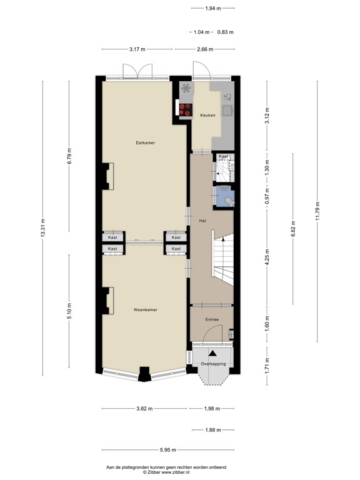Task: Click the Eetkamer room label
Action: [146, 142]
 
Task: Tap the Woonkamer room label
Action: [145, 309]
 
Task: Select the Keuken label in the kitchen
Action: [207, 116]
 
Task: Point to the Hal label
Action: [202, 221]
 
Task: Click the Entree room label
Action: [211, 319]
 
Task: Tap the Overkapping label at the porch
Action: [212, 364]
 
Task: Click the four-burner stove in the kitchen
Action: [186, 109]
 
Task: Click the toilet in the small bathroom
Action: [229, 200]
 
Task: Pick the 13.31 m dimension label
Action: [43, 227]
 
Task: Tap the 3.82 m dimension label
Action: [144, 409]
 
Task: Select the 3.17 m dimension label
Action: [137, 49]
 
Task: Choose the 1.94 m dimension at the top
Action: [212, 8]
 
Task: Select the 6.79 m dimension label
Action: [69, 156]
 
